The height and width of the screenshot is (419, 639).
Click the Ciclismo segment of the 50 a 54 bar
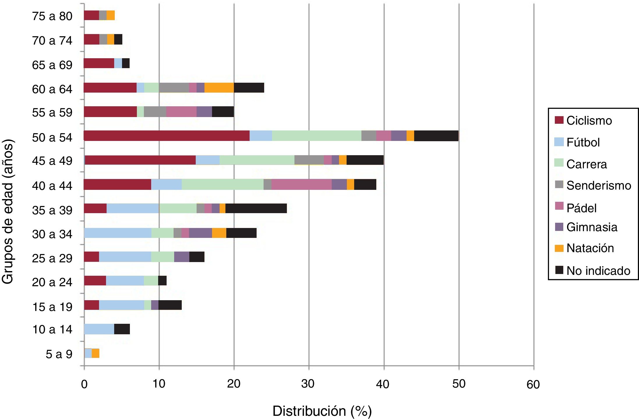(166, 136)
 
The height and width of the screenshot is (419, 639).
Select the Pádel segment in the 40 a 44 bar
(301, 185)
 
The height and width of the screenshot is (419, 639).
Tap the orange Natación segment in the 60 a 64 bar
(219, 88)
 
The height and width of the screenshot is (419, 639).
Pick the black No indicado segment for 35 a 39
(256, 208)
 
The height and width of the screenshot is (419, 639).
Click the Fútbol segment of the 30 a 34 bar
(118, 233)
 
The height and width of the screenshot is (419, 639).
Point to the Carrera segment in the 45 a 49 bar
(257, 160)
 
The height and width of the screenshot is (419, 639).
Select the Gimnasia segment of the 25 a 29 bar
(182, 257)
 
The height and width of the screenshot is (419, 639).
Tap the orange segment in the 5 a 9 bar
(96, 353)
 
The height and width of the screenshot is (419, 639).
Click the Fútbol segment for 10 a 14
(99, 329)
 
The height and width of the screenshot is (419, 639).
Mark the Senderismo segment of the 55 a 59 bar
(155, 112)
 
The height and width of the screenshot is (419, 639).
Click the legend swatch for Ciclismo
(559, 120)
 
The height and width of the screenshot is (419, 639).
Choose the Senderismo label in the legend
(599, 185)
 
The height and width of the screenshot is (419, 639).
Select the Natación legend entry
(590, 248)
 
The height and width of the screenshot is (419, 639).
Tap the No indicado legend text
(598, 271)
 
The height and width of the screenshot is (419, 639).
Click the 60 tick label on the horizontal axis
(533, 385)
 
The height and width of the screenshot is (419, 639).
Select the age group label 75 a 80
(52, 16)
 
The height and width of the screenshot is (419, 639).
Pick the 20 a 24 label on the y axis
(52, 282)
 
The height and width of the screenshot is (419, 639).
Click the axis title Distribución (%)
(322, 411)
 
